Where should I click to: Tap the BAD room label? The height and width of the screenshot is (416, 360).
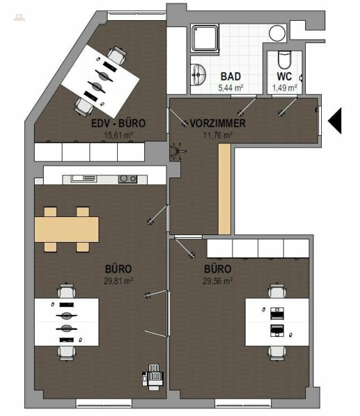tap(230, 76)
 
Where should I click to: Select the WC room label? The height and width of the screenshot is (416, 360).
tap(284, 76)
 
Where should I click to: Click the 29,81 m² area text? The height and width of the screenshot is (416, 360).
tap(119, 280)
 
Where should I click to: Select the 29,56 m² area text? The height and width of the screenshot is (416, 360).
tap(217, 280)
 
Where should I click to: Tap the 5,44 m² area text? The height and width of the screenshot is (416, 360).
tap(230, 88)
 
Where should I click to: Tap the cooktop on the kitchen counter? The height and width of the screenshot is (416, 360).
tap(127, 178)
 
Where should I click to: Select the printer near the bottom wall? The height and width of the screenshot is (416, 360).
tap(153, 376)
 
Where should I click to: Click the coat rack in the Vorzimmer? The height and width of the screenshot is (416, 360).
tap(179, 150)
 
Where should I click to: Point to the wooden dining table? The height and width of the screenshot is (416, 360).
tap(66, 228)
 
